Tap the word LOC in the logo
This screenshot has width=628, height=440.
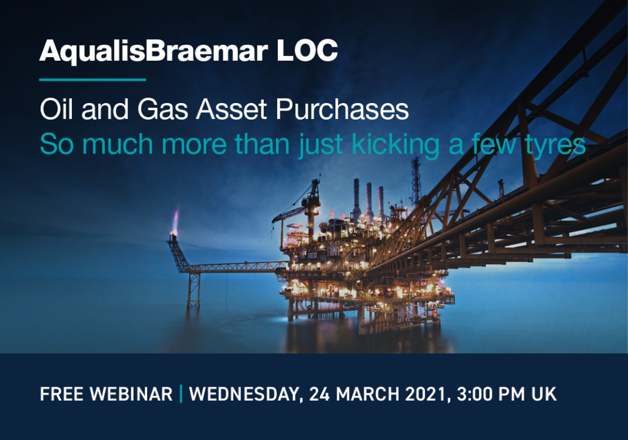tap(307, 50)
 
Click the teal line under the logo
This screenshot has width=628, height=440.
tap(93, 80)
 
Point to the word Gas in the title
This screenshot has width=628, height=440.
tap(163, 109)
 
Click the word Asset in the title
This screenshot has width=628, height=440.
tap(231, 109)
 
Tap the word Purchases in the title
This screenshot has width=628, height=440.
tap(342, 109)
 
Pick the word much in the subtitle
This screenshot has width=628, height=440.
tap(117, 144)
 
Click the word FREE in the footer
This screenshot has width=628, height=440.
tap(62, 394)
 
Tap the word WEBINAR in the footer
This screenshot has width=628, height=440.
tap(131, 394)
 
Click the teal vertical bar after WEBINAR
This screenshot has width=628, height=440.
tap(181, 393)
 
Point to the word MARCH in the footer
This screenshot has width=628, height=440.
tap(367, 394)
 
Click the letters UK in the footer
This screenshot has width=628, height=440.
tap(544, 394)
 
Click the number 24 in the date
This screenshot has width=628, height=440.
tap(319, 394)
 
